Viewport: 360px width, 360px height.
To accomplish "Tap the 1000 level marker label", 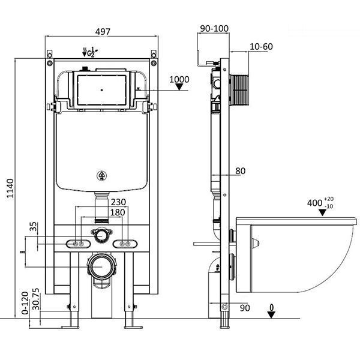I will tap(179, 79).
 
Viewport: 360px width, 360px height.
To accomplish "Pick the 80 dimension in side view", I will tap(240, 171).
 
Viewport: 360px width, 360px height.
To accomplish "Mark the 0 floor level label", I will tap(271, 308).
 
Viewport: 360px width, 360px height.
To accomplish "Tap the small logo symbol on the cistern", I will tap(101, 176).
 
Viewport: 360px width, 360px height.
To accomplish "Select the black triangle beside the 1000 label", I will tap(179, 88).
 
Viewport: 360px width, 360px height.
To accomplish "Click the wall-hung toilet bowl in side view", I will tap(300, 252).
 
